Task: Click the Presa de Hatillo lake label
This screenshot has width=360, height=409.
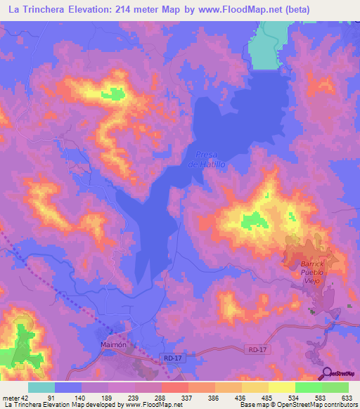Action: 207,159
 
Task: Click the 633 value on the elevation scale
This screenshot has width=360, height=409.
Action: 345,396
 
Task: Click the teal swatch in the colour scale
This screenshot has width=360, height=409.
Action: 41,387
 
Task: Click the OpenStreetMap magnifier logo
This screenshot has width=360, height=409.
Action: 325,373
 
